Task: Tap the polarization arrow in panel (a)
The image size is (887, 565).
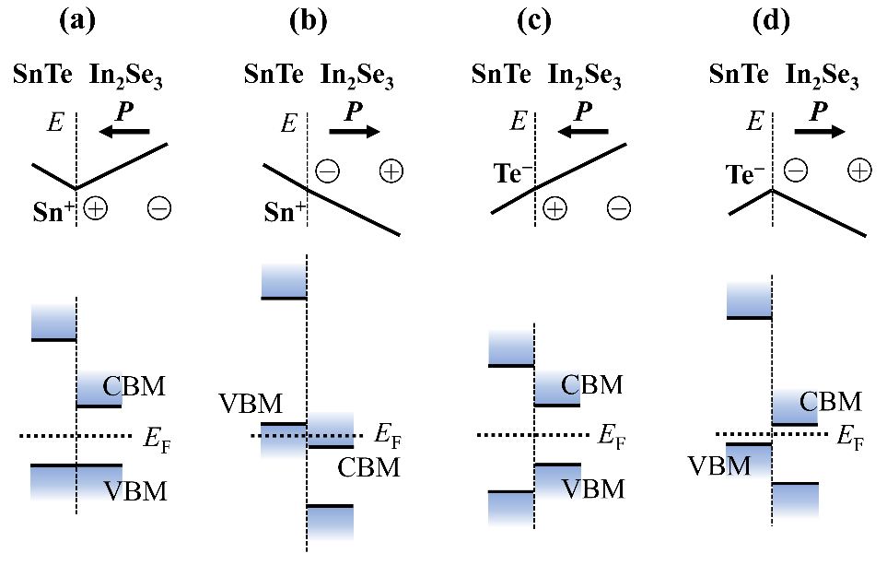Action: tap(123, 132)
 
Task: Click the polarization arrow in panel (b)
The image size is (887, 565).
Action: tap(354, 132)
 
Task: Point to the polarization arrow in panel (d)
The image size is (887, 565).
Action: tap(820, 132)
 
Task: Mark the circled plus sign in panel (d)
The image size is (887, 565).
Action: tap(858, 171)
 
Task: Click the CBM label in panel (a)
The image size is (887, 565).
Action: tap(134, 385)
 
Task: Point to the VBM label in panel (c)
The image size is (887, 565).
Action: tap(594, 488)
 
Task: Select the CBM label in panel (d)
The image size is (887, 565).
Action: tap(831, 402)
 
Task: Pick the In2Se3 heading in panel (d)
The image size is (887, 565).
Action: tap(822, 78)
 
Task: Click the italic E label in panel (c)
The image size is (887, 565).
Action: tap(519, 120)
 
